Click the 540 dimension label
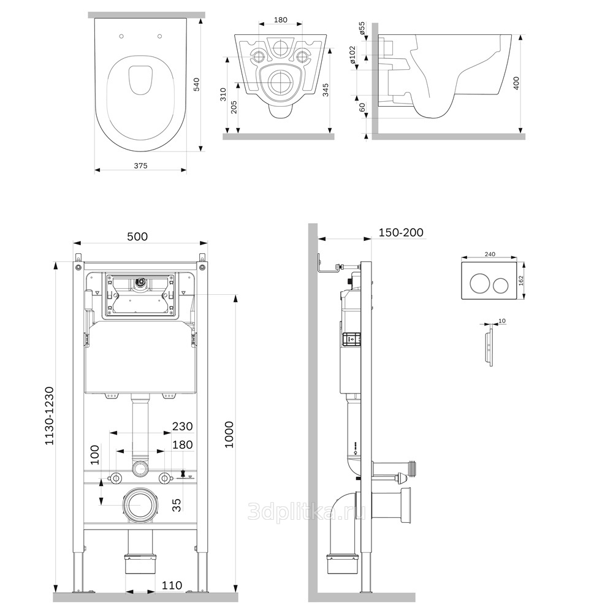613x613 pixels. pyautogui.click(x=197, y=85)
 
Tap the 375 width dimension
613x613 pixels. pyautogui.click(x=141, y=166)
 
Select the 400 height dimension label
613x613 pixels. pyautogui.click(x=516, y=83)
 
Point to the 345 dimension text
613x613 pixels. pyautogui.click(x=326, y=90)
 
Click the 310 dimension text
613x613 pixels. pyautogui.click(x=223, y=94)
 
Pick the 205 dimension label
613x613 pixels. pyautogui.click(x=234, y=107)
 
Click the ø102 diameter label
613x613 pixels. pyautogui.click(x=352, y=55)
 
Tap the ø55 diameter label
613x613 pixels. pyautogui.click(x=362, y=29)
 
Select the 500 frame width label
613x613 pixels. pyautogui.click(x=137, y=237)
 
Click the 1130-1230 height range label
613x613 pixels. pyautogui.click(x=49, y=416)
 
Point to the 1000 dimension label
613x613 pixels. pyautogui.click(x=229, y=435)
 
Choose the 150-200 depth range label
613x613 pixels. pyautogui.click(x=401, y=232)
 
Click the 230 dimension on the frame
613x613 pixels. pyautogui.click(x=183, y=426)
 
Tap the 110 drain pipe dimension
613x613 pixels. pyautogui.click(x=172, y=585)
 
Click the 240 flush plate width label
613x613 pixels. pyautogui.click(x=490, y=254)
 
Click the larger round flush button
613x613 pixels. pyautogui.click(x=479, y=284)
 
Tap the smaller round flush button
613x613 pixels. pyautogui.click(x=500, y=286)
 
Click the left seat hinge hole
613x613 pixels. pyautogui.click(x=121, y=36)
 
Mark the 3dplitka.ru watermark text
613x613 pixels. pyautogui.click(x=307, y=511)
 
